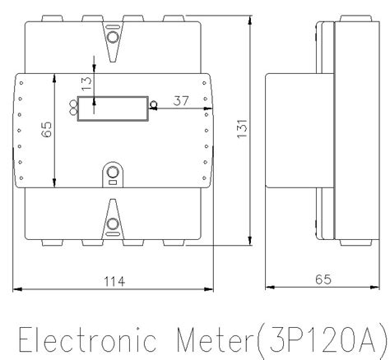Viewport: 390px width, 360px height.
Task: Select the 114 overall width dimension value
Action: pyautogui.click(x=114, y=281)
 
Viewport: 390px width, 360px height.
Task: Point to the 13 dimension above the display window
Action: pyautogui.click(x=86, y=85)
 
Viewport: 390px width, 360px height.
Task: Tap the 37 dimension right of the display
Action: pyautogui.click(x=183, y=100)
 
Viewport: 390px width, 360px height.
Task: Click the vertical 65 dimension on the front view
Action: pyautogui.click(x=47, y=128)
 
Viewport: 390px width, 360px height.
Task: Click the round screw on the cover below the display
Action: pyautogui.click(x=113, y=173)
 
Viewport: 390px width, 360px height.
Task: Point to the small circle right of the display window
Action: pyautogui.click(x=154, y=104)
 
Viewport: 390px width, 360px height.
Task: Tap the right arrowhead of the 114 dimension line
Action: pyautogui.click(x=211, y=288)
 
